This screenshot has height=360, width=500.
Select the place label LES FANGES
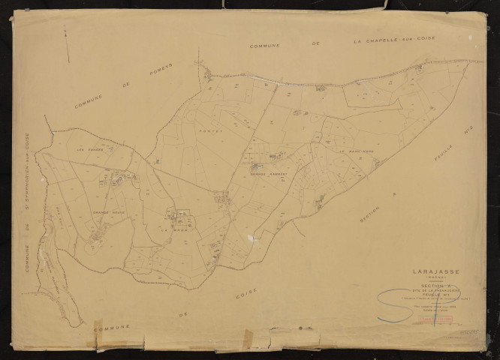tap(89, 147)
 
